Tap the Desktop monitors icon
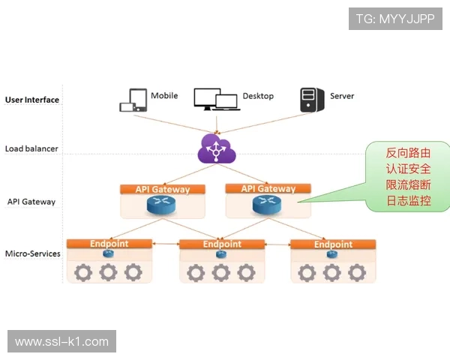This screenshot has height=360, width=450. (216, 99)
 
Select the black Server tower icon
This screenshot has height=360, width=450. (311, 99)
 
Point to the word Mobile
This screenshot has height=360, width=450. (164, 96)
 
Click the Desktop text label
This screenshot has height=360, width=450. (258, 96)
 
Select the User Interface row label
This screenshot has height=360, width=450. (32, 100)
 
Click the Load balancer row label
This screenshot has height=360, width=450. (31, 148)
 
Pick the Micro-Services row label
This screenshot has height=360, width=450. (33, 253)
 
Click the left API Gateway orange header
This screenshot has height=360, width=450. (163, 189)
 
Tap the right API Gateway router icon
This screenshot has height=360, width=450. (268, 205)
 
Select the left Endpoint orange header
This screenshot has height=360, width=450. (109, 244)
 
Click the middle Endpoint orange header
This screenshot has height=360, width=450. (222, 244)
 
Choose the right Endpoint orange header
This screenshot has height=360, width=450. (333, 244)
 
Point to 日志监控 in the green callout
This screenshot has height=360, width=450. (408, 201)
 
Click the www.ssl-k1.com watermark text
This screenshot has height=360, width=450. (61, 341)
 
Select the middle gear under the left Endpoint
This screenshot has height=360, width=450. (109, 271)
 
